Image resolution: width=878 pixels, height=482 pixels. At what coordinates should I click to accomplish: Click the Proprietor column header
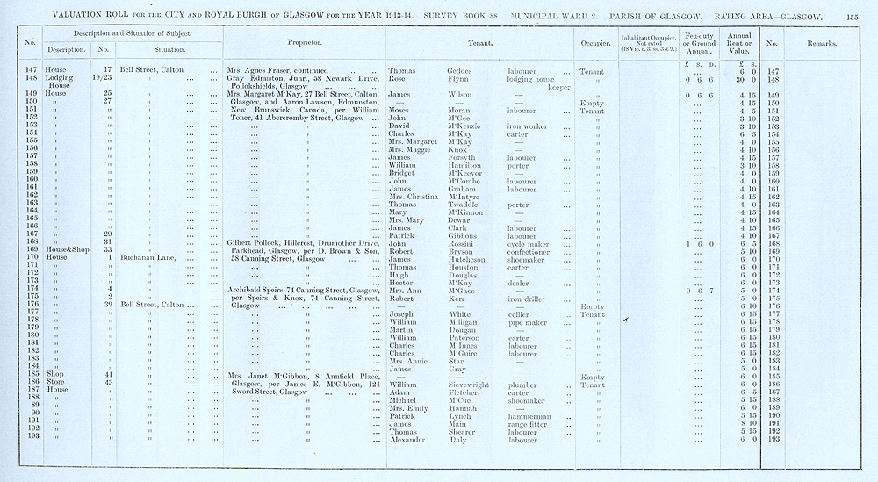coord(304,42)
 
